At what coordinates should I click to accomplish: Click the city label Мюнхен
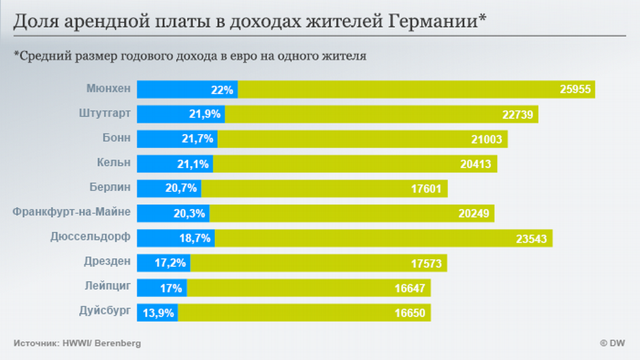pos(108,89)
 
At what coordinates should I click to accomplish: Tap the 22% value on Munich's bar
pos(223,90)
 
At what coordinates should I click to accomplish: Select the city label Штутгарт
pos(104,114)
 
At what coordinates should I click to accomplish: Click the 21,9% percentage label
pos(205,115)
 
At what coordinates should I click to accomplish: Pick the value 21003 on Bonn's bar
pos(486,140)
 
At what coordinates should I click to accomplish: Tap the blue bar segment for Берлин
pos(169,189)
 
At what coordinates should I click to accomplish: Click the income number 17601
pos(426,189)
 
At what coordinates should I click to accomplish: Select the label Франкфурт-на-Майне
pos(71,213)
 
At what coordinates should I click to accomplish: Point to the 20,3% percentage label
pos(189,214)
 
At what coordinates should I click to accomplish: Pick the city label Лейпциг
pos(109,287)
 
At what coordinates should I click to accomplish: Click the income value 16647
pos(410,289)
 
